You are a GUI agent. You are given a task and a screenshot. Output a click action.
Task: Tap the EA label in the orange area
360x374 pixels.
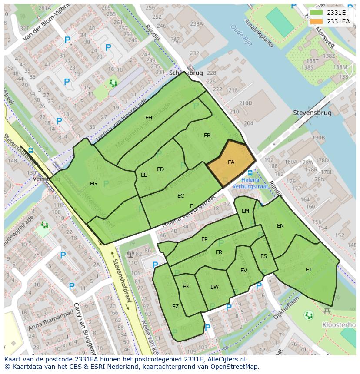pyautogui.click(x=231, y=162)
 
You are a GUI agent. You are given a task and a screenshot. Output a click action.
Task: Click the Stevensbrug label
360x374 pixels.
pyautogui.click(x=312, y=113)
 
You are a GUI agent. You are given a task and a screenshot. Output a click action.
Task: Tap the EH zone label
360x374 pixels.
pyautogui.click(x=149, y=118)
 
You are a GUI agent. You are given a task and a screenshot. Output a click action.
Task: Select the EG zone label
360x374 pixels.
pyautogui.click(x=93, y=184)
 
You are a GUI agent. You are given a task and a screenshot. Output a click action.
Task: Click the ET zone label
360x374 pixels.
pyautogui.click(x=309, y=270)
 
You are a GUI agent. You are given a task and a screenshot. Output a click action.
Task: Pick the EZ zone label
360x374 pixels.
pyautogui.click(x=175, y=307)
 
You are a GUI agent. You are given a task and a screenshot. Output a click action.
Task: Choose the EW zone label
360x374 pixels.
pyautogui.click(x=214, y=287)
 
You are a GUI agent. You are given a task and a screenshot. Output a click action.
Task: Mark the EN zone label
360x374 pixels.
pyautogui.click(x=280, y=226)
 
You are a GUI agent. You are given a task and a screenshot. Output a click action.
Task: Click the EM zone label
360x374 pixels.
pyautogui.click(x=245, y=211)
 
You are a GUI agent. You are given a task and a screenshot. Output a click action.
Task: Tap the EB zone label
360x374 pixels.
pyautogui.click(x=207, y=136)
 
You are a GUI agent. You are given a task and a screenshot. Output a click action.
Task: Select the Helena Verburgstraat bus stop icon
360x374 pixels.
pyautogui.click(x=250, y=173)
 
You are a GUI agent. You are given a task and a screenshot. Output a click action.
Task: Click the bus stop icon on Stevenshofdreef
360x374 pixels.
pyautogui.click(x=30, y=151)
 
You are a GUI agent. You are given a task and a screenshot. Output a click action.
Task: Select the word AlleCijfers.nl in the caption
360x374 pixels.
pyautogui.click(x=226, y=359)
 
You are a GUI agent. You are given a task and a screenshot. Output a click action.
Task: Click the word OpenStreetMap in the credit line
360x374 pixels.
pyautogui.click(x=233, y=367)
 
